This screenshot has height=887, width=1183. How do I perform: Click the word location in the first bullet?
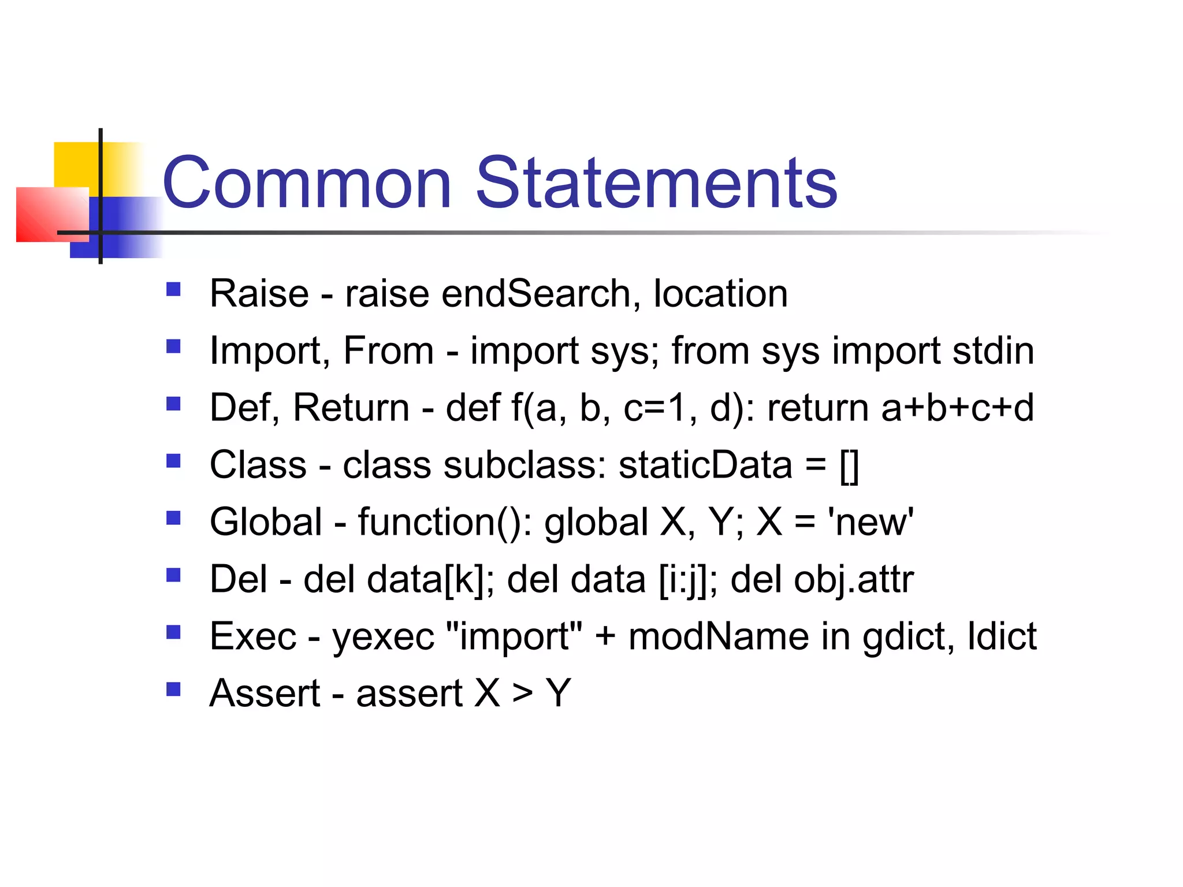pyautogui.click(x=720, y=293)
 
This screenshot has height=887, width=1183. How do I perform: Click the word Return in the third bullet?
pyautogui.click(x=351, y=408)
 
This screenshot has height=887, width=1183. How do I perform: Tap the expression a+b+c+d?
pyautogui.click(x=957, y=408)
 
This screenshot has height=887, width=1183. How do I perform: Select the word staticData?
pyautogui.click(x=705, y=465)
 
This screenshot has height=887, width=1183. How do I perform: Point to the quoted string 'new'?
pyautogui.click(x=870, y=522)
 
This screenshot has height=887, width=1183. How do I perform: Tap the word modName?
pyautogui.click(x=719, y=636)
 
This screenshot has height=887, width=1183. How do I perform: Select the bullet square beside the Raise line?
pyautogui.click(x=173, y=289)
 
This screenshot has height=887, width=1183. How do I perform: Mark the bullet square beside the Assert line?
pyautogui.click(x=173, y=689)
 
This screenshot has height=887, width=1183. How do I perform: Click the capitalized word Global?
pyautogui.click(x=266, y=522)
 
